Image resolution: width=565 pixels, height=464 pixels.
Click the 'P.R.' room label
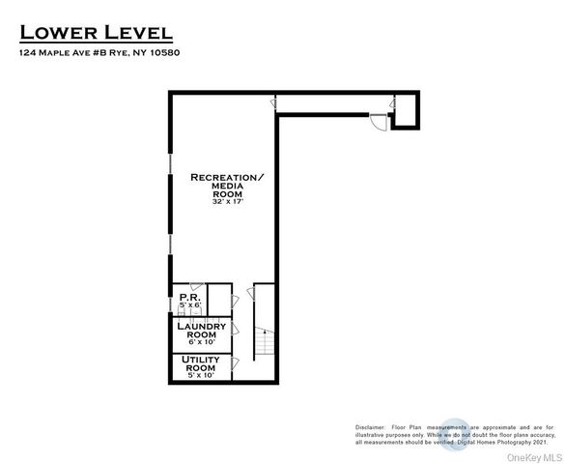(x=188, y=297)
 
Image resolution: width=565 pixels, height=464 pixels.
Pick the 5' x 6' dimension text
(x=188, y=305)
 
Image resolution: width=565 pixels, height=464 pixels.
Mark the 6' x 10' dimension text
(x=202, y=343)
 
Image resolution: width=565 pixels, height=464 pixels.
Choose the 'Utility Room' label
(x=201, y=363)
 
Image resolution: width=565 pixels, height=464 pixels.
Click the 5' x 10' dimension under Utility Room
(x=201, y=376)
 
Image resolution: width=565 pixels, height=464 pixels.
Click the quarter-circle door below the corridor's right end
(x=379, y=123)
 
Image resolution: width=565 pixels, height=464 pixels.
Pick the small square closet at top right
(x=406, y=110)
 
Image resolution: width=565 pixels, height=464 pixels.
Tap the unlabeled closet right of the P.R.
(x=219, y=299)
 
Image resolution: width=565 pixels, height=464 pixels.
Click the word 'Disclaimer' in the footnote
(x=370, y=426)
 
